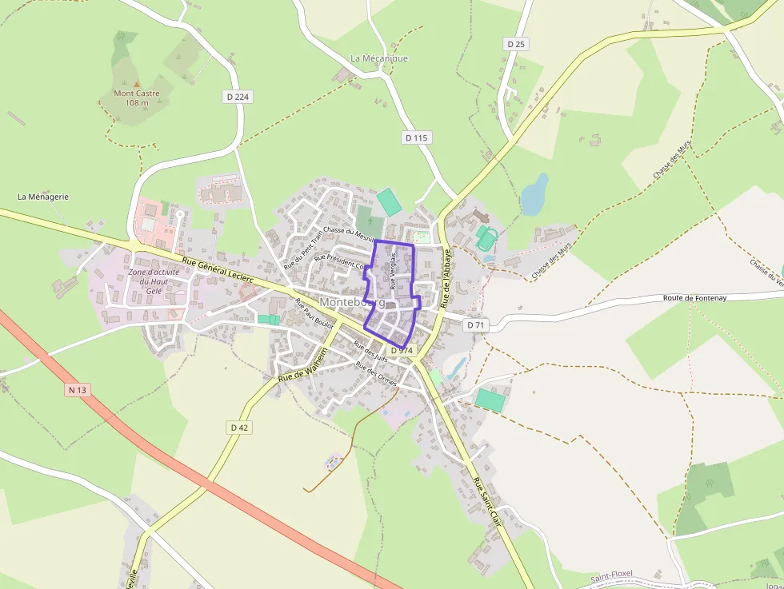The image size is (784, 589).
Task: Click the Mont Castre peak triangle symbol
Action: [x=136, y=83]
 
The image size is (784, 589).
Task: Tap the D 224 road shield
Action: [x=237, y=97]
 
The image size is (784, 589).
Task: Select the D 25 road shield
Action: [x=516, y=44]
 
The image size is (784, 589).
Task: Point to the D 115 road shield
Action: [x=417, y=137]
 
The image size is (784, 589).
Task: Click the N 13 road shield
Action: [x=77, y=390]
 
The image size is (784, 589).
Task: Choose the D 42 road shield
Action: [x=240, y=428]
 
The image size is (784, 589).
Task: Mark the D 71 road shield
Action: [x=476, y=325]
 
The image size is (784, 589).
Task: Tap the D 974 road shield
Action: [x=402, y=350]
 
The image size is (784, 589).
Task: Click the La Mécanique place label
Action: [x=379, y=58]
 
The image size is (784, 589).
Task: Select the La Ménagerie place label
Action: [x=44, y=197]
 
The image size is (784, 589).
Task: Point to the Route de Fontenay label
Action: [x=694, y=297]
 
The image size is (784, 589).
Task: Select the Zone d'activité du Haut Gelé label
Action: [x=154, y=281]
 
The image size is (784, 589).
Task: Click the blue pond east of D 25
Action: [x=534, y=194]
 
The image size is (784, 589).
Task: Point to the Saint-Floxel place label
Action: [x=611, y=575]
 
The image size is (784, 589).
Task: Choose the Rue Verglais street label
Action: [x=394, y=271]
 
